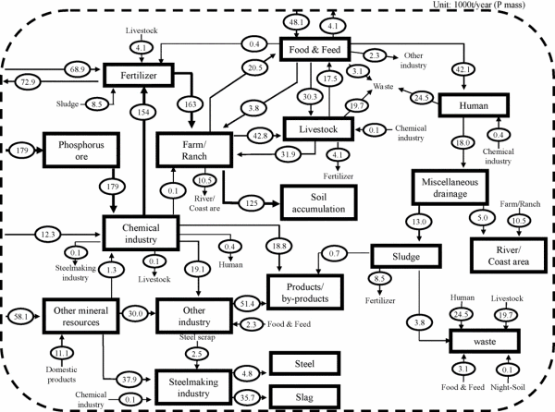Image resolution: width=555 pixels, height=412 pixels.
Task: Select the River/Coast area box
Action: click(508, 252)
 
